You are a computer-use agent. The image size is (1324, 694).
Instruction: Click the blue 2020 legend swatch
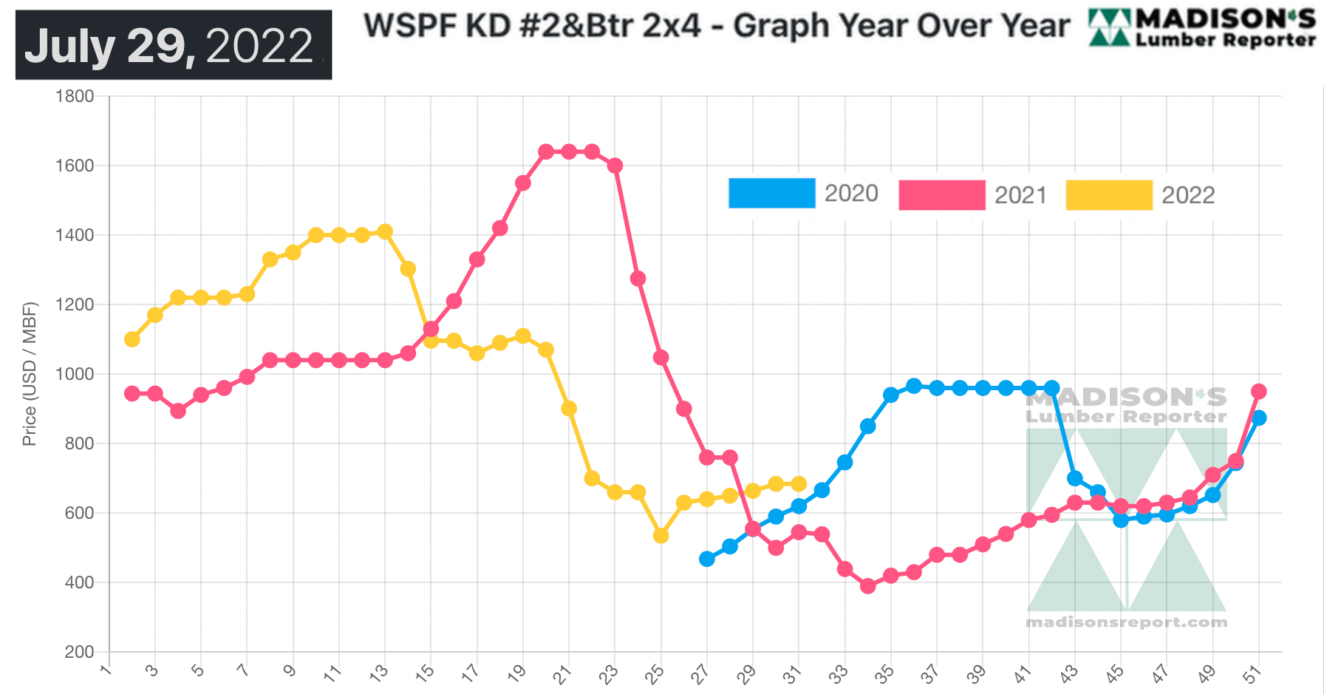point(771,193)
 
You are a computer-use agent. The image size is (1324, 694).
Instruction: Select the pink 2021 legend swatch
point(941,195)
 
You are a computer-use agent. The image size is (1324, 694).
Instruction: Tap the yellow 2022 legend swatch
point(1108,195)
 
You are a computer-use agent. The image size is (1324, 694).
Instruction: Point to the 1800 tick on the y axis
point(75,96)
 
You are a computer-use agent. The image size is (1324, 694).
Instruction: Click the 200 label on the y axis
point(79,652)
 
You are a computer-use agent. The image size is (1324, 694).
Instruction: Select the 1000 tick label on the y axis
point(75,374)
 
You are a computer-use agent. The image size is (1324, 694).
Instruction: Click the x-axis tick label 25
point(655,673)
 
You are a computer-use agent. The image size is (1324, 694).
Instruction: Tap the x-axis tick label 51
point(1252,673)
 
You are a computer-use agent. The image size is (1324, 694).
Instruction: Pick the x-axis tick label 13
point(378,673)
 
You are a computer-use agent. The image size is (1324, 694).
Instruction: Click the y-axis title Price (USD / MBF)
point(30,374)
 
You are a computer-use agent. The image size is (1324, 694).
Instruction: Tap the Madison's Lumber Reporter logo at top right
point(1202,28)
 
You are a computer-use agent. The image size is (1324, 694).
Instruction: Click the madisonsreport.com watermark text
point(1126,622)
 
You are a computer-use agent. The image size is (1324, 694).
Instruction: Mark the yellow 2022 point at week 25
point(661,536)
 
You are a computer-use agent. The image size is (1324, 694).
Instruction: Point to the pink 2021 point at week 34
point(868,586)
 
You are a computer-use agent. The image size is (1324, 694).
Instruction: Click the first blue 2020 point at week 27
point(707,559)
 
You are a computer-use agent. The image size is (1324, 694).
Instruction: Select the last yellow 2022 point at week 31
point(799,484)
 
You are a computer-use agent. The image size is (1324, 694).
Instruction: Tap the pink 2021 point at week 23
point(615,166)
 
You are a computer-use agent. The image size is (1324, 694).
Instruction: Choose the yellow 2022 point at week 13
point(385,231)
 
